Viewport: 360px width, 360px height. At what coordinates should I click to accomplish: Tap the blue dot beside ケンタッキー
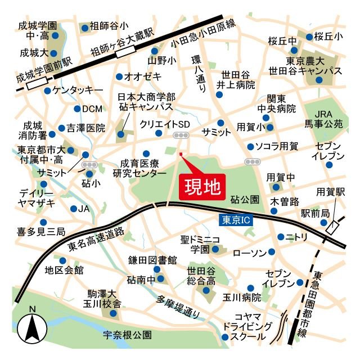48,89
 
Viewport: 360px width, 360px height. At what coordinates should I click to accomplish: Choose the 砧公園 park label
245,199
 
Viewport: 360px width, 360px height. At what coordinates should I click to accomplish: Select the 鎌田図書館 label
152,260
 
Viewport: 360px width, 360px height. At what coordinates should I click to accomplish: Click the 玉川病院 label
244,296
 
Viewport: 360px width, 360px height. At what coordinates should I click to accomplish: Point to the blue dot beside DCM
77,109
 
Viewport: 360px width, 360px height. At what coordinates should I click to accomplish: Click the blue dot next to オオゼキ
119,76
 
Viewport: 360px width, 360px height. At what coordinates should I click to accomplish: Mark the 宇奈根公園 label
128,335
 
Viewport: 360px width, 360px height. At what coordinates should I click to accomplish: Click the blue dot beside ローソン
272,251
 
